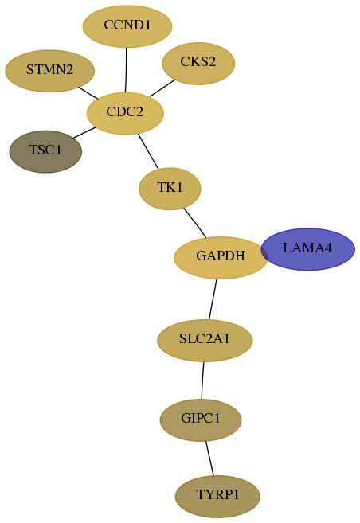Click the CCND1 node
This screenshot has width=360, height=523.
coord(127,26)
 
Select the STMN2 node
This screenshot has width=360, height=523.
coord(49,71)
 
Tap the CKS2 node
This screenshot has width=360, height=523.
coord(198,64)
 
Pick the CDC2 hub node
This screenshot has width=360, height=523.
coord(125,113)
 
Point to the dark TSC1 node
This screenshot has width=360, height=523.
coord(45,152)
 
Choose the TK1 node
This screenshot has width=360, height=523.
coord(170,189)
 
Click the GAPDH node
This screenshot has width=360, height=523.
coord(221,257)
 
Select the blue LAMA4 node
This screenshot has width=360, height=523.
coord(307,249)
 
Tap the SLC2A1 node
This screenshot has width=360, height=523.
coord(205,341)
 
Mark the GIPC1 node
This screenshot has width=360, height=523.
coord(201,420)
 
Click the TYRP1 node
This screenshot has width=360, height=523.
coord(217,497)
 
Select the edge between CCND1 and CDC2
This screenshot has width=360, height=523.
coord(126,70)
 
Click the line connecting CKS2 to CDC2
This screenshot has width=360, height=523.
coord(162,88)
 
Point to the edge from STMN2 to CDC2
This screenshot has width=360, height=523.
coord(88,92)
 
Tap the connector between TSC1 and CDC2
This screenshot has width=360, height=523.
coord(84,132)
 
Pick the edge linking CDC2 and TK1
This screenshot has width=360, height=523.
coord(148,151)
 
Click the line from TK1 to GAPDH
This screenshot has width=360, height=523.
coord(195,223)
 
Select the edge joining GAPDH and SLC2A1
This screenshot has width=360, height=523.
coord(213,299)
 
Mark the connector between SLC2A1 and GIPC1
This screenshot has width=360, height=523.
coord(202,381)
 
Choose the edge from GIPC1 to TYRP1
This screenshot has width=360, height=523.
coord(209,459)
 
